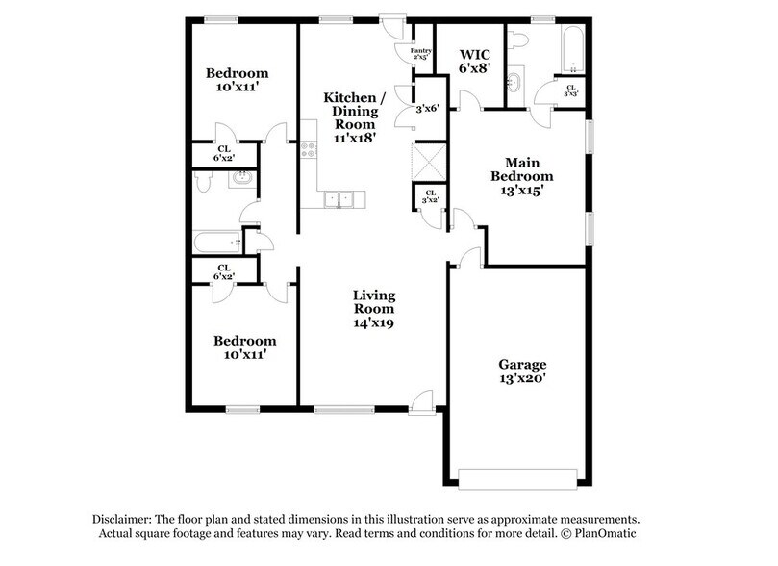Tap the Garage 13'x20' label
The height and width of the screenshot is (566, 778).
(522, 373)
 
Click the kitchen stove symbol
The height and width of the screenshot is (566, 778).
(309, 149)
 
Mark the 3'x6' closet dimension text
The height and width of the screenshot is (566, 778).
(427, 109)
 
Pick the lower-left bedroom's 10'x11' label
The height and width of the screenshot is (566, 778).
(244, 347)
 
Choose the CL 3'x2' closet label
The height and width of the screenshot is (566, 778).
(430, 197)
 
